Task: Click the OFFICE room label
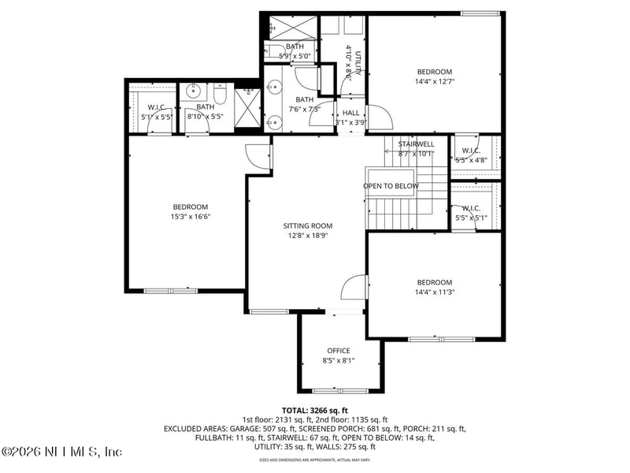pyautogui.click(x=339, y=351)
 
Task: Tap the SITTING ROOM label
pyautogui.click(x=308, y=225)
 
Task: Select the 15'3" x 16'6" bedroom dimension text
pyautogui.click(x=190, y=217)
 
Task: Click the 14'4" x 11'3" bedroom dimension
pyautogui.click(x=435, y=292)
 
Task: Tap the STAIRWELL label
pyautogui.click(x=416, y=144)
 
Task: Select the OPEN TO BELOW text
pyautogui.click(x=391, y=186)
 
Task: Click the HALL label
pyautogui.click(x=350, y=114)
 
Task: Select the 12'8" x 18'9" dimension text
pyautogui.click(x=308, y=235)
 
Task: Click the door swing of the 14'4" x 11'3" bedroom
pyautogui.click(x=356, y=288)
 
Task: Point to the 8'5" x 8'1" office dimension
pyautogui.click(x=339, y=360)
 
